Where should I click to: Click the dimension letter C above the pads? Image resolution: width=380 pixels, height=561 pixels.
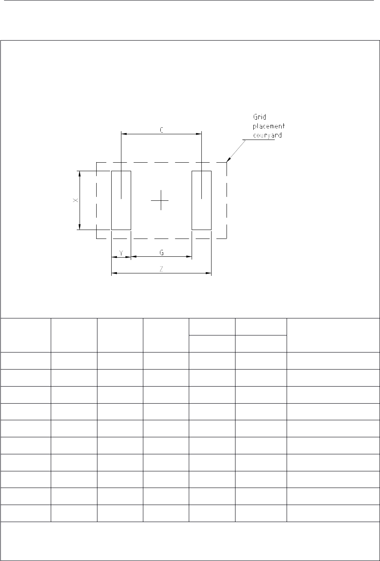click(x=162, y=130)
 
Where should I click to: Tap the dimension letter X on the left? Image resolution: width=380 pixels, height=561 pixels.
click(x=76, y=200)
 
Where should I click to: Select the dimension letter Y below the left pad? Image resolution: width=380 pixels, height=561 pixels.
click(x=121, y=253)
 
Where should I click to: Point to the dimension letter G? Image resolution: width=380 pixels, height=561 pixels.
click(x=162, y=253)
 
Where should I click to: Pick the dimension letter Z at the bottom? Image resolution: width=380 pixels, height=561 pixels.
click(x=162, y=269)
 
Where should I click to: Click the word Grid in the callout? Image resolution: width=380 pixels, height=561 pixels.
click(x=259, y=117)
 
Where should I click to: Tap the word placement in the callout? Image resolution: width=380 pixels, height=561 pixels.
click(x=269, y=126)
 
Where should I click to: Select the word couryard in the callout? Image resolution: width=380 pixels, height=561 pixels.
click(x=268, y=135)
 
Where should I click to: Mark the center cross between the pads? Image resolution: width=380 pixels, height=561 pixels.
click(x=161, y=200)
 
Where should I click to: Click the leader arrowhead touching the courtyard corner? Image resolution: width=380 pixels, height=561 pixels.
click(x=229, y=159)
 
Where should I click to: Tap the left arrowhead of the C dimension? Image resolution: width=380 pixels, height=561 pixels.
click(x=124, y=134)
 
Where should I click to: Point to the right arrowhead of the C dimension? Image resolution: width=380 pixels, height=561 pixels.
click(x=199, y=134)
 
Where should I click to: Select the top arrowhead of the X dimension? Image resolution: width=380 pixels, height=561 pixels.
click(x=80, y=174)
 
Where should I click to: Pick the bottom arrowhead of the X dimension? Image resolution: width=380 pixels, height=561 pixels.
click(x=80, y=227)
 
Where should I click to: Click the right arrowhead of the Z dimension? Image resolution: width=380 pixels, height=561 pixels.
click(x=209, y=273)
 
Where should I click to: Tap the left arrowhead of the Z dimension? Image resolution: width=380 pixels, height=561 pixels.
click(x=114, y=273)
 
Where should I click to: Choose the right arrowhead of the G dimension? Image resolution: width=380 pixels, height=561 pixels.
click(x=189, y=256)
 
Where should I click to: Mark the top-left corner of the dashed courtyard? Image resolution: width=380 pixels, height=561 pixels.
click(x=97, y=162)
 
